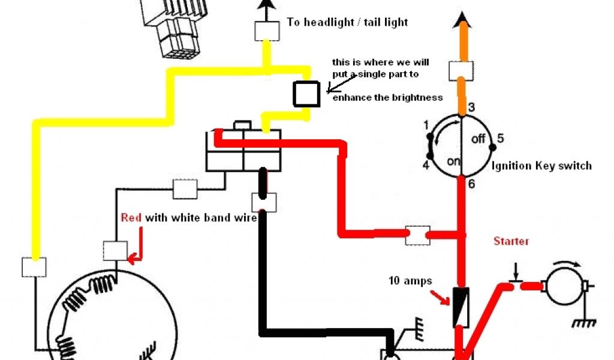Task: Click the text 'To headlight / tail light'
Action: coord(347,23)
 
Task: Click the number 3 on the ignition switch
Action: coord(472,108)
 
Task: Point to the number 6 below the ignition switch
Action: coord(471,184)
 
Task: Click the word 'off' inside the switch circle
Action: coord(478,139)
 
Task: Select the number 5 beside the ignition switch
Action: coord(500,139)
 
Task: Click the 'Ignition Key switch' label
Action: coord(541,166)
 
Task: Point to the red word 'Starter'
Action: coord(511,241)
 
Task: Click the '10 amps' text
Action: coord(410,281)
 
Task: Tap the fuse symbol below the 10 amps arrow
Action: coord(460,306)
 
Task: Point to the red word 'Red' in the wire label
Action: coord(131,218)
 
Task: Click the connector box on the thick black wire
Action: coord(264,202)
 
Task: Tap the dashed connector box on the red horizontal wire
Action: coord(417,235)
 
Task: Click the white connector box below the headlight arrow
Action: coord(266,31)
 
